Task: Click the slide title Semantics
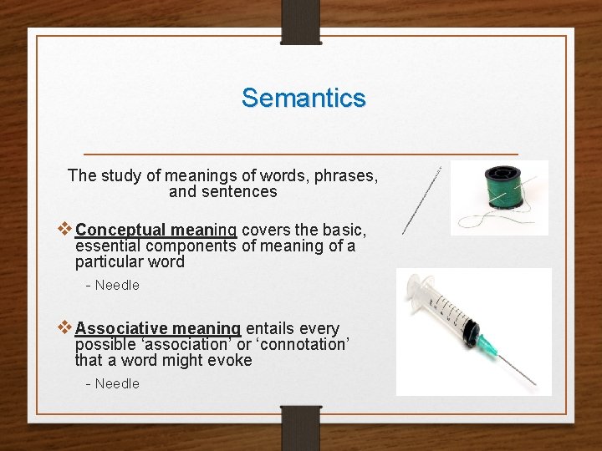click(x=304, y=98)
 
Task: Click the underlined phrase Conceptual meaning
click(x=156, y=230)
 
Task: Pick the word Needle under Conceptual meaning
click(x=117, y=285)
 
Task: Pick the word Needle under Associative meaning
click(x=117, y=383)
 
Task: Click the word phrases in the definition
click(x=345, y=175)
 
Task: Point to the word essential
click(x=108, y=246)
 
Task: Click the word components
click(x=191, y=246)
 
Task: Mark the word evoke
click(x=231, y=360)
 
